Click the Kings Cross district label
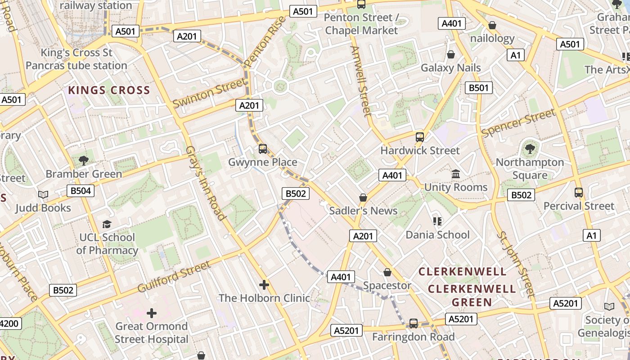point(109,90)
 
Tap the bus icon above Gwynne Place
point(263,148)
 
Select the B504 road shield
point(81,191)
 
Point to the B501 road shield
point(478,88)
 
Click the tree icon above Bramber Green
point(83,160)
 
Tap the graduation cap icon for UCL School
point(107,224)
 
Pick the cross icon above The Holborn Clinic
point(264,284)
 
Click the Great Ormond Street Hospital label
point(152,333)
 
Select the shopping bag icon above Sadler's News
point(363,198)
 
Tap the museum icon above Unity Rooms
point(456,174)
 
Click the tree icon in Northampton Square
point(530,148)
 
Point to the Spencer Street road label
point(518,122)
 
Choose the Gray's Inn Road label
point(205,183)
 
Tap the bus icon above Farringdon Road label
point(413,324)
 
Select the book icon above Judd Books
point(43,194)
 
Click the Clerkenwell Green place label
point(472,295)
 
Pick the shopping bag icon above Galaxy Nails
point(450,54)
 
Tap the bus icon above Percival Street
point(579,193)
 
